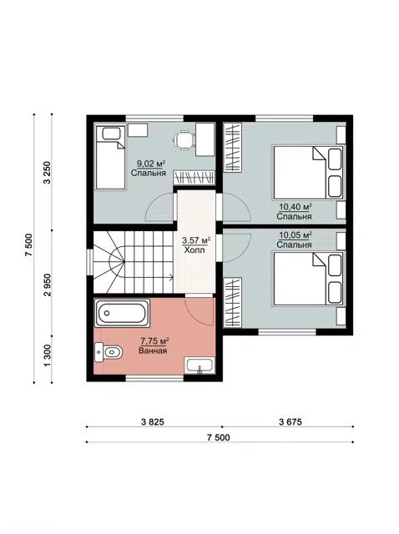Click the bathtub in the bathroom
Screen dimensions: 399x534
[x=122, y=313]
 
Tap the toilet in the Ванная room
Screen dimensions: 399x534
[x=109, y=352]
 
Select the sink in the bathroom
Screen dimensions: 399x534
[x=199, y=365]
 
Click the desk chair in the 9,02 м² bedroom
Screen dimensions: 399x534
[x=184, y=141]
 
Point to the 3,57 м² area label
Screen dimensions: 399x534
[x=196, y=241]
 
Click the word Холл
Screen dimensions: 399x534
[x=194, y=250]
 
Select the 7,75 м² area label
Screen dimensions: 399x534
[x=154, y=341]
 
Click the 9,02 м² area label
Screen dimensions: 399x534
[x=149, y=164]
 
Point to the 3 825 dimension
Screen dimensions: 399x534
[x=152, y=422]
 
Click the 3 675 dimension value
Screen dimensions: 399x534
[x=290, y=422]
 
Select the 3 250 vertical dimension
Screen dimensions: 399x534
[x=48, y=173]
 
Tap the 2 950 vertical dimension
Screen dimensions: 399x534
[x=48, y=285]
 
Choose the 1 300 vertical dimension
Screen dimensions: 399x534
[x=48, y=356]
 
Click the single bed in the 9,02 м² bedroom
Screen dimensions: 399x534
[x=110, y=158]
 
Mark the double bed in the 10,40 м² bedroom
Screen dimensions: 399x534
[x=308, y=173]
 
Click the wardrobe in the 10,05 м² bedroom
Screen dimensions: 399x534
[x=233, y=302]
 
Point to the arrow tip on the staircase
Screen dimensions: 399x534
[x=173, y=278]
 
